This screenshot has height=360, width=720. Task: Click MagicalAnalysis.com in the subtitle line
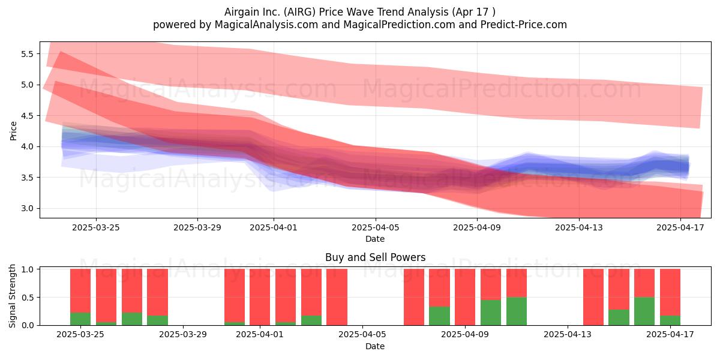pos(266,25)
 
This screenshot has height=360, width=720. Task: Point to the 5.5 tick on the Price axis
pos(27,54)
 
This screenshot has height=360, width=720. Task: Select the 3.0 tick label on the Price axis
pos(27,208)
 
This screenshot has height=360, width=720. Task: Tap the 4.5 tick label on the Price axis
pos(27,116)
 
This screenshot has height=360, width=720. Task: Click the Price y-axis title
pos(13,131)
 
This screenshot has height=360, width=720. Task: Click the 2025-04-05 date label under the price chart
pos(376,227)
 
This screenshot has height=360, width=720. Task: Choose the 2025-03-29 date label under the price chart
pos(197,227)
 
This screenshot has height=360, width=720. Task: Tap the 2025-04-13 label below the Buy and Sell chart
pos(568,335)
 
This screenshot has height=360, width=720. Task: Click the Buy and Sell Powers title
pos(375,257)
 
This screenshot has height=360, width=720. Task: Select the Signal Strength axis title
pos(12,296)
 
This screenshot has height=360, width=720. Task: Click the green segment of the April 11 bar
pos(517,311)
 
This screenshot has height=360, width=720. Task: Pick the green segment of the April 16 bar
pos(644,311)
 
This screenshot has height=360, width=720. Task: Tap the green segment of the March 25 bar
pos(80,319)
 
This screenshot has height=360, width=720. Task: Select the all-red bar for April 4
pos(337,297)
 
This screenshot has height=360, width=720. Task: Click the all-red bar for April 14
pos(593,297)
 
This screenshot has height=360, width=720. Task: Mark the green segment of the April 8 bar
pos(439,316)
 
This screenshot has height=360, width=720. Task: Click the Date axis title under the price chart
pos(375,239)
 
